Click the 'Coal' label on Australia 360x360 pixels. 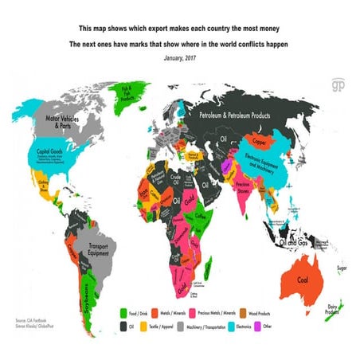(x=302, y=280)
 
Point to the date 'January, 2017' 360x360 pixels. (x=179, y=58)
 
